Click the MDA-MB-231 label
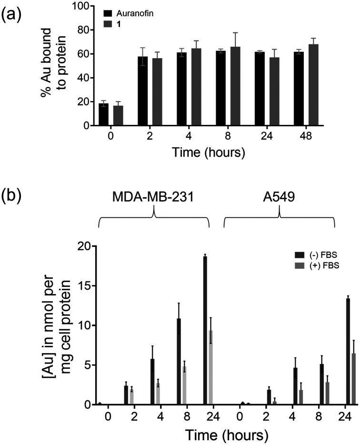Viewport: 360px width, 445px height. pyautogui.click(x=153, y=197)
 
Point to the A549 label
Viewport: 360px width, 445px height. pyautogui.click(x=279, y=197)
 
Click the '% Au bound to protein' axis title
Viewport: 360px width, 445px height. pyautogui.click(x=52, y=66)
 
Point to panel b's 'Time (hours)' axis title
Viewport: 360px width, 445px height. pyautogui.click(x=221, y=435)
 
